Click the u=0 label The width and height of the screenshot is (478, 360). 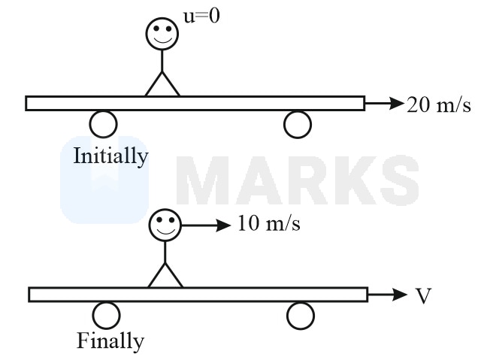(x=201, y=16)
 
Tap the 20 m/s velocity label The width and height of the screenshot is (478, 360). (x=439, y=105)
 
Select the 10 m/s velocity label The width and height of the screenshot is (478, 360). (x=269, y=223)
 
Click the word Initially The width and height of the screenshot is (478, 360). (x=110, y=156)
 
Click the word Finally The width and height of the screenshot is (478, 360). (x=110, y=341)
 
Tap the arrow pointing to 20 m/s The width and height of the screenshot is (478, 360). (x=384, y=104)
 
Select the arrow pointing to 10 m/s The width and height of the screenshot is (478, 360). (x=206, y=225)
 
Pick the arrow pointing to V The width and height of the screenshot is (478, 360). (x=388, y=295)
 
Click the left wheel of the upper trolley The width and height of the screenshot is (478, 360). (x=104, y=124)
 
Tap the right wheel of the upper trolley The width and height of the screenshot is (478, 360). (x=298, y=124)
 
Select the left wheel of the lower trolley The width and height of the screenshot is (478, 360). (x=106, y=316)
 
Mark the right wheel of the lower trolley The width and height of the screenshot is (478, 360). (x=301, y=316)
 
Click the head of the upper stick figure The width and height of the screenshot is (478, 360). (x=162, y=34)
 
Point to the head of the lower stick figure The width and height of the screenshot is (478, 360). (x=165, y=225)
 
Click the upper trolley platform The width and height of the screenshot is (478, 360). (x=195, y=103)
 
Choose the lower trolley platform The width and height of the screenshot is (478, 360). (x=198, y=295)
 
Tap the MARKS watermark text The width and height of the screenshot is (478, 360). (x=297, y=180)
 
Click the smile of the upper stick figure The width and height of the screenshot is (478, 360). (x=162, y=41)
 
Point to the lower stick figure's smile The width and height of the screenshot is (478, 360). (x=166, y=231)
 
